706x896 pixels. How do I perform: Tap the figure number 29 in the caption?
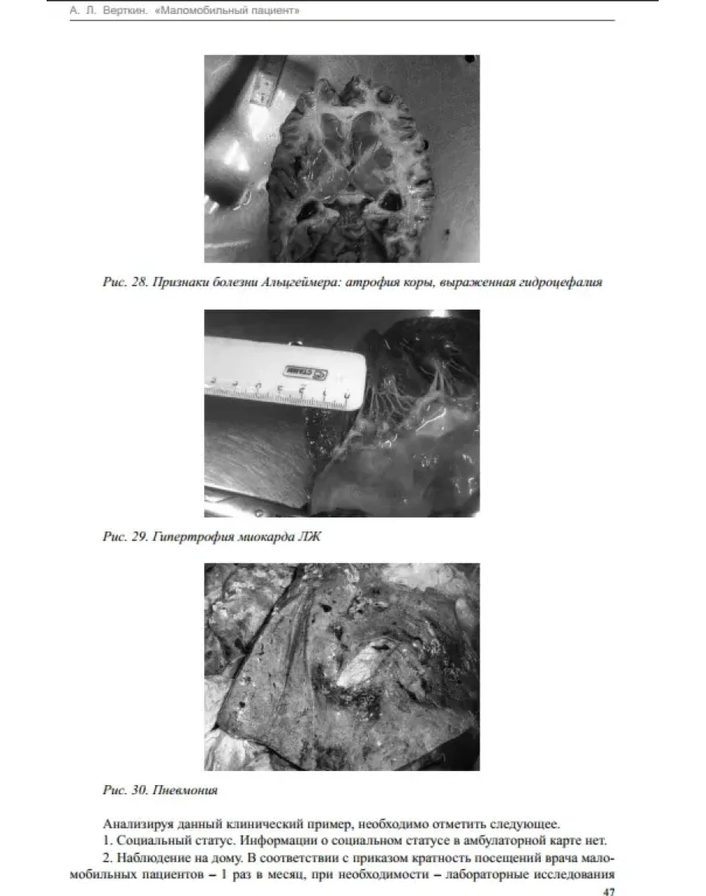140,537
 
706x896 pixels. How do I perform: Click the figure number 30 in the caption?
140,790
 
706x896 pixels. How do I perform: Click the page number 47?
609,891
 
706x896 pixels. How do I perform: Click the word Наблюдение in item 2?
151,858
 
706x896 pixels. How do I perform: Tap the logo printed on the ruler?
306,372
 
